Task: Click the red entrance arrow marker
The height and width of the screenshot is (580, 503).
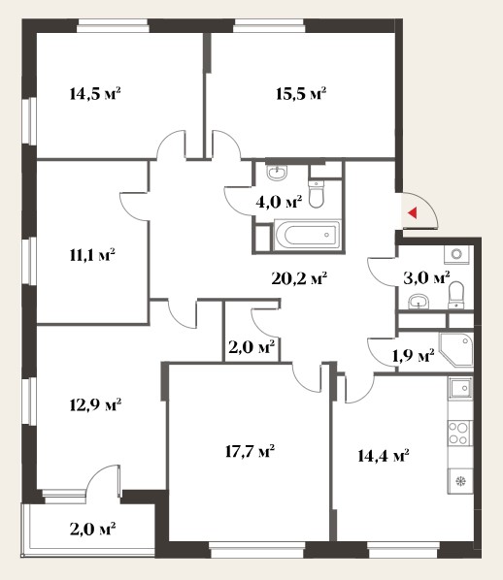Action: point(413,212)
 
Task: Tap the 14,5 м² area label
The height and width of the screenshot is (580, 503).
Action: point(95,93)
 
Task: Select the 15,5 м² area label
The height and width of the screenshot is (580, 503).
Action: point(301,93)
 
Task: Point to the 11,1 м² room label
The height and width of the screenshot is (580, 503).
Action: point(92,255)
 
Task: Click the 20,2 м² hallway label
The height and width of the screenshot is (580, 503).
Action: point(299,278)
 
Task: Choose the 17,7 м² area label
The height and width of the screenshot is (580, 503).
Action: point(250,451)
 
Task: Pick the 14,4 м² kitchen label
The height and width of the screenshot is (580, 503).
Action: point(384,455)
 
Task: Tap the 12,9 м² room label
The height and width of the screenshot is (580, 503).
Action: point(95,404)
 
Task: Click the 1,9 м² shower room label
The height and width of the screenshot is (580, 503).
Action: point(414,356)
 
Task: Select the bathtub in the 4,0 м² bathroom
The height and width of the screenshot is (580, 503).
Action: point(307,235)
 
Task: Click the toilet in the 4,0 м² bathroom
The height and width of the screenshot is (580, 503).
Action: point(316,194)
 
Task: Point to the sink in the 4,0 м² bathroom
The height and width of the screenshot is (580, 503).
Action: point(277,173)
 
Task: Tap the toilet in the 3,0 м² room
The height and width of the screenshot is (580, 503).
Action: point(456,295)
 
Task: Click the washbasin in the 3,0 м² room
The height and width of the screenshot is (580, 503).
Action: point(419,302)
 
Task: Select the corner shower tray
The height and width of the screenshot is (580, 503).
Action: point(456,349)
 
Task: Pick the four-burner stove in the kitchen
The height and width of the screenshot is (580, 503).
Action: point(458,434)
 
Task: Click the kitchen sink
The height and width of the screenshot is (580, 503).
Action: point(460,388)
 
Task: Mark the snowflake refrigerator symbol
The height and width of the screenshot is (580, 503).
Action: point(460,481)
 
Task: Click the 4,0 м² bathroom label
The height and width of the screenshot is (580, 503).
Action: point(279,202)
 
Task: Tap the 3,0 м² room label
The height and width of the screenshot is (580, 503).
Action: point(426,277)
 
